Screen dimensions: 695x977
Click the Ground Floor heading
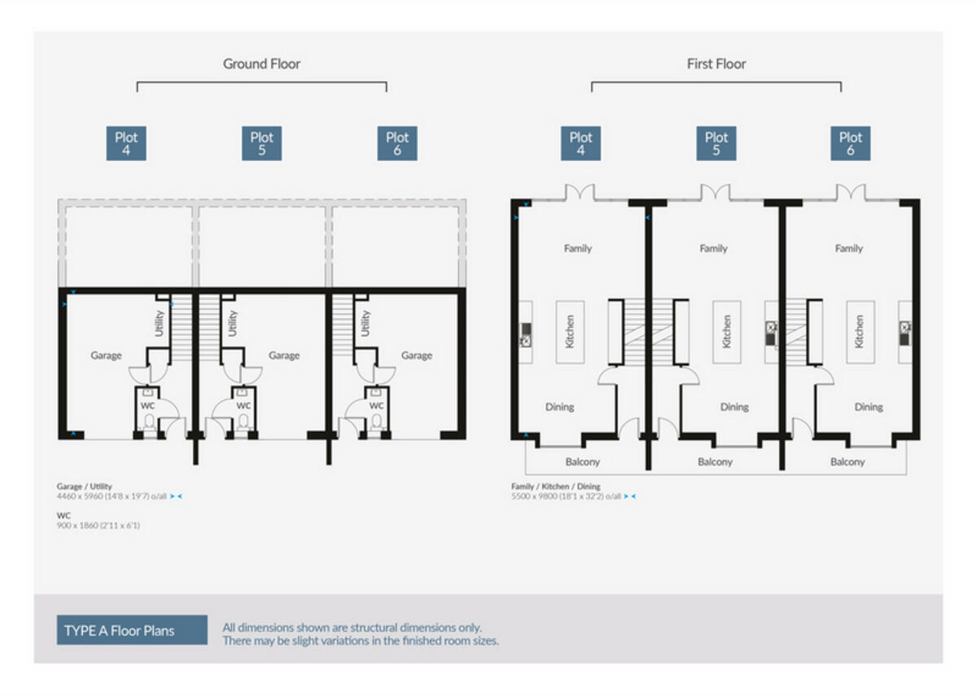[261, 63]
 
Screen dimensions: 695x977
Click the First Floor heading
[716, 63]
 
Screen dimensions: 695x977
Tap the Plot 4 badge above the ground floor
[126, 143]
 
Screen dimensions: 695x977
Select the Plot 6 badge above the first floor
[850, 143]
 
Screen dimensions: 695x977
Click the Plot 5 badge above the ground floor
[261, 143]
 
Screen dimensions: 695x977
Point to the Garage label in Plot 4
[106, 356]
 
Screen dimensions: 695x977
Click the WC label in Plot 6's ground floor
[376, 405]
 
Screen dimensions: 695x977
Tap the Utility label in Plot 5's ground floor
[234, 324]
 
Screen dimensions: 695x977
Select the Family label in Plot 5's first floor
[713, 248]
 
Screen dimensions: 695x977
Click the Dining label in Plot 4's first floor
[559, 407]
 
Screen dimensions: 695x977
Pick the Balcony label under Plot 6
[847, 461]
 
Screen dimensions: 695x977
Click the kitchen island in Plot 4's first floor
[570, 332]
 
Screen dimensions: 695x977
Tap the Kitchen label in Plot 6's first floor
[860, 332]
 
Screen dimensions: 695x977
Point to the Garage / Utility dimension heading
[85, 486]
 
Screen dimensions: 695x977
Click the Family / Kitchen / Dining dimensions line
[566, 496]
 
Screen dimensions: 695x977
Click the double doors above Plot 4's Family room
[581, 193]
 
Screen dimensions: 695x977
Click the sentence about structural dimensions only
[352, 627]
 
